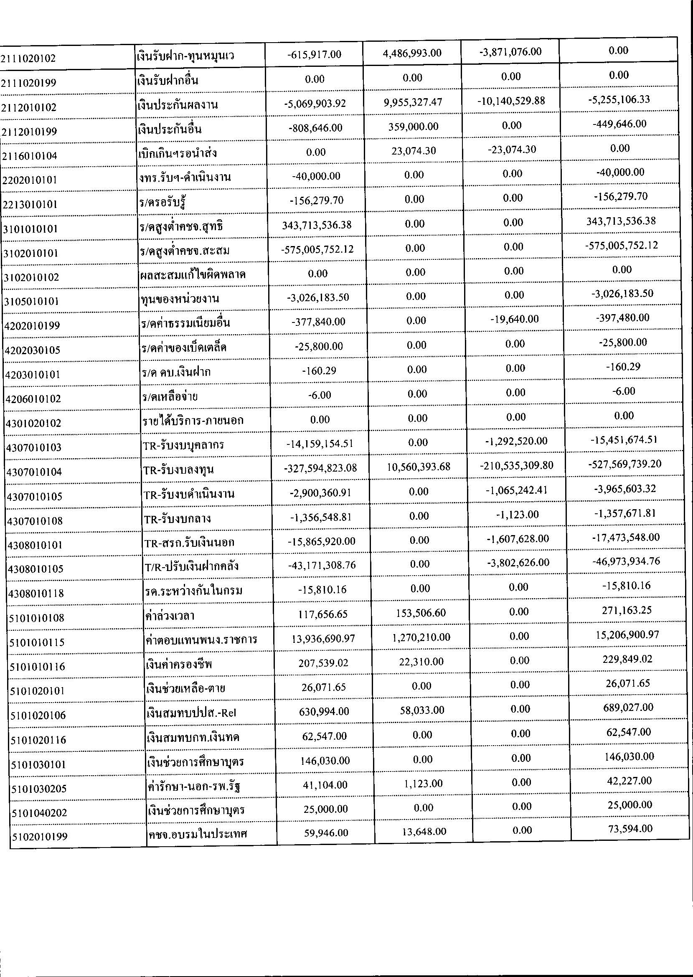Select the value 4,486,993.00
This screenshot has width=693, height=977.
pos(412,53)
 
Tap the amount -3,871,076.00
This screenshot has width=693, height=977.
pos(510,52)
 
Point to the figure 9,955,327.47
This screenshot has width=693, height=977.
pos(412,102)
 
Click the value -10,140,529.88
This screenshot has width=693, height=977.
pos(511,101)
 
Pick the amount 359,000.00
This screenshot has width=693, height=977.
pos(413,127)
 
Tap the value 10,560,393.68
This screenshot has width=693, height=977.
pos(418,467)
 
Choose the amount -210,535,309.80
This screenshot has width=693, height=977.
pos(516,465)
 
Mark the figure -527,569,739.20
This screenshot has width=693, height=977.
pos(625,464)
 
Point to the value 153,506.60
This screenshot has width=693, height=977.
pos(420,613)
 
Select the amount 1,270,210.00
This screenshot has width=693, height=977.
pos(420,637)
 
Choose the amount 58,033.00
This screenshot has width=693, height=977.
pos(421,711)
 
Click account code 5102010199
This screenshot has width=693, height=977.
pos(39,837)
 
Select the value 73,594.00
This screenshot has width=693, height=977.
pos(629,829)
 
